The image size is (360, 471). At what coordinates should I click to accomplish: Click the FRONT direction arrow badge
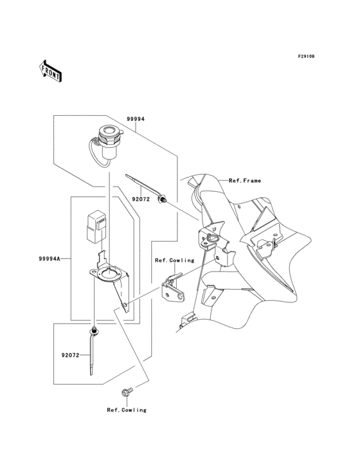click(x=51, y=70)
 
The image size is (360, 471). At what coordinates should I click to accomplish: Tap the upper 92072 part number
click(x=141, y=199)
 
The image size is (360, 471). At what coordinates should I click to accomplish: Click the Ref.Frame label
click(x=245, y=181)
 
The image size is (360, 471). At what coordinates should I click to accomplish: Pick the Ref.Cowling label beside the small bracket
click(x=168, y=260)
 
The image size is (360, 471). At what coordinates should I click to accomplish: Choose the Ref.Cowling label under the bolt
click(x=127, y=409)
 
